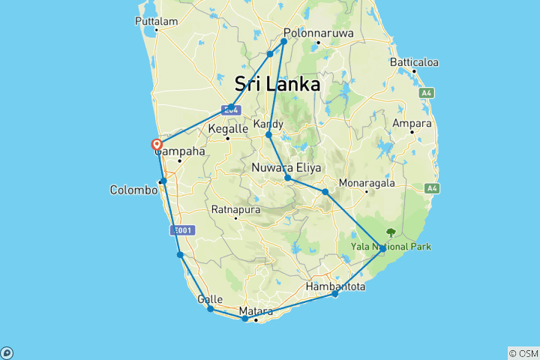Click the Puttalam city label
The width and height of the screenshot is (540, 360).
click(157, 21)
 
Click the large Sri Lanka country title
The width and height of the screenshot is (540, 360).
click(277, 83)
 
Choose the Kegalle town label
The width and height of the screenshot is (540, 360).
click(227, 129)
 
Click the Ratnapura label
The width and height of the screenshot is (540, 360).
click(235, 209)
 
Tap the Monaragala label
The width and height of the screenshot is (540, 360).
click(366, 182)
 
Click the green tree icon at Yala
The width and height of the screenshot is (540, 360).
click(390, 232)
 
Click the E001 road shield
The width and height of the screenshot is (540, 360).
click(182, 231)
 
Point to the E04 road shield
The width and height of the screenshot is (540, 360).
click(230, 109)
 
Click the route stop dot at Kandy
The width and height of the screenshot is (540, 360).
click(268, 135)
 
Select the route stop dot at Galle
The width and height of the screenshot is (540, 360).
click(211, 309)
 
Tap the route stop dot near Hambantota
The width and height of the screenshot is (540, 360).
click(335, 294)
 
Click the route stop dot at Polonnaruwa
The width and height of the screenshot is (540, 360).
click(284, 40)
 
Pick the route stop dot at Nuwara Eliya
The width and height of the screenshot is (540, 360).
click(288, 178)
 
